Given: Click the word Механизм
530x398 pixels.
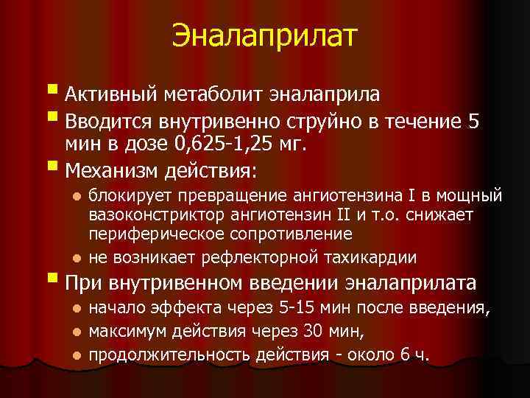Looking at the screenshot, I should point(112,170).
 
